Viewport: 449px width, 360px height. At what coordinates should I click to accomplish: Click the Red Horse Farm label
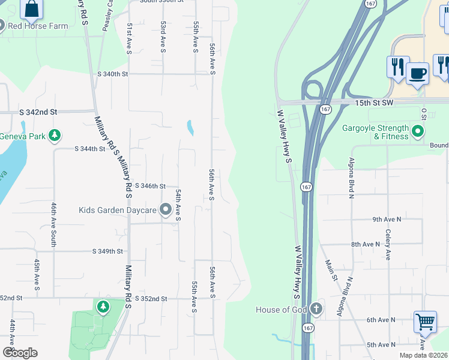(37, 26)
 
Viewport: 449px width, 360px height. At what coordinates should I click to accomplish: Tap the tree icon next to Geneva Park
(55, 135)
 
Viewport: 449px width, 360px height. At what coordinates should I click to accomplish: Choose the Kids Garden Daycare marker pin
(165, 210)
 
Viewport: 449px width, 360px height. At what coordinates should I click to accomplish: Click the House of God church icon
(316, 310)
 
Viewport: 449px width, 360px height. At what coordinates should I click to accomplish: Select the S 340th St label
(113, 74)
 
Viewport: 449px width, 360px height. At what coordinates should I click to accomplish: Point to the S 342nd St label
(38, 112)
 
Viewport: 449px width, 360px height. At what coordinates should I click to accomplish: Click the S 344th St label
(89, 148)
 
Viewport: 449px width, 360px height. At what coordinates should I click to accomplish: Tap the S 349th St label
(108, 251)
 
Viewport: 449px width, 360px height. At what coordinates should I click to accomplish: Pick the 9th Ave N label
(387, 220)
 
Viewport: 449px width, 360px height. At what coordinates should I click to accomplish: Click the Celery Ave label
(388, 244)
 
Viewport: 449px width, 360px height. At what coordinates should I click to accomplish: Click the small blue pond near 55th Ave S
(190, 127)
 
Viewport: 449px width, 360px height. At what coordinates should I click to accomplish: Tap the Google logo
(20, 353)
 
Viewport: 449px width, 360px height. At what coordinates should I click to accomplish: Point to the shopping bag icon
(32, 9)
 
